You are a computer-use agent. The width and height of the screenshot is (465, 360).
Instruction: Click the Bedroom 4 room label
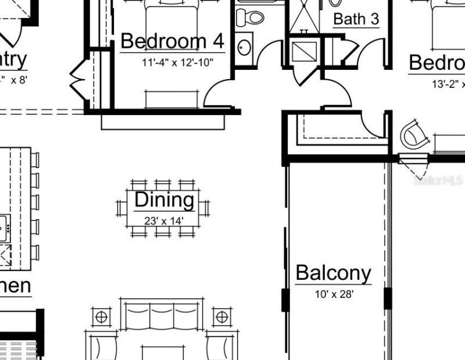click(172, 41)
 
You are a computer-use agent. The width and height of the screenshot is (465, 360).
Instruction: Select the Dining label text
click(164, 199)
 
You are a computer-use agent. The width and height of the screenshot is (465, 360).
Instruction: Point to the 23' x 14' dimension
click(164, 220)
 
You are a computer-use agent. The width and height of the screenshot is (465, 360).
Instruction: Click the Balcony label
click(333, 273)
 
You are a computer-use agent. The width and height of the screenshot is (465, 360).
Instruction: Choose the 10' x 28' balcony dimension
click(334, 294)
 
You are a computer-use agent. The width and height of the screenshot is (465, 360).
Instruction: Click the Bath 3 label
click(356, 19)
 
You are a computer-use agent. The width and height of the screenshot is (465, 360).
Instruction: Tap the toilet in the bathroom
click(249, 17)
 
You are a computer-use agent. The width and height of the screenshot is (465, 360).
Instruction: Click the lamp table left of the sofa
click(101, 317)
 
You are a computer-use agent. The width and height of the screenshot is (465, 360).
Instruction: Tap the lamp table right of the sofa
click(221, 317)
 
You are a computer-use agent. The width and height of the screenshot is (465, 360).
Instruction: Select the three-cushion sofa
click(162, 317)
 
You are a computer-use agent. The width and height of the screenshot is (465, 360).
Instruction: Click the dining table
click(163, 208)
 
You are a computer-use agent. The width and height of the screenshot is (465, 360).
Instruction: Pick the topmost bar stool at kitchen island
click(35, 160)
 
